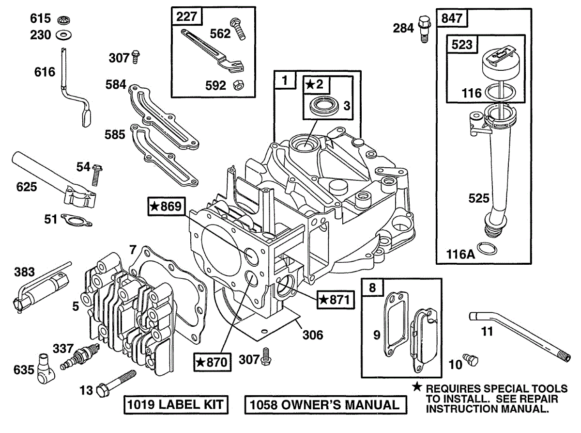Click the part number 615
click(x=40, y=19)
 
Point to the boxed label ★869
click(x=166, y=207)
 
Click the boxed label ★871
click(x=333, y=300)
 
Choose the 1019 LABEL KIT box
click(x=175, y=404)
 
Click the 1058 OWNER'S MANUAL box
click(x=325, y=404)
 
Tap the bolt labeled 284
click(x=425, y=29)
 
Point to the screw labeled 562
click(x=238, y=29)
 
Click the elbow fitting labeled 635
click(x=44, y=368)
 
